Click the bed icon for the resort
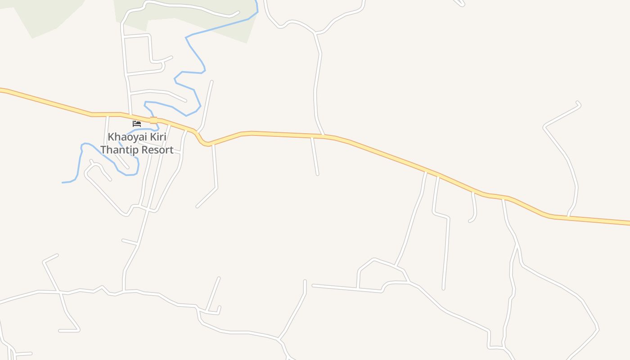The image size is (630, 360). coord(137,123)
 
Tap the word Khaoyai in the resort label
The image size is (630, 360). coord(127,137)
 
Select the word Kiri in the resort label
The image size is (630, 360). coord(158,137)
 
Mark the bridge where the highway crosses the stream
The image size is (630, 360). coord(153,120)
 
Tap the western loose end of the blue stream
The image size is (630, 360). coord(63,182)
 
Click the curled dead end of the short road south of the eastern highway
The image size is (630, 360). coord(470,221)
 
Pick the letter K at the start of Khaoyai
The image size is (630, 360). coord(111,137)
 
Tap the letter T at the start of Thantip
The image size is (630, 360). coord(103,150)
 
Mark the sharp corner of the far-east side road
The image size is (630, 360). coord(545,128)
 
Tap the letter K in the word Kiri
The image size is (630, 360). coord(153,137)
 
